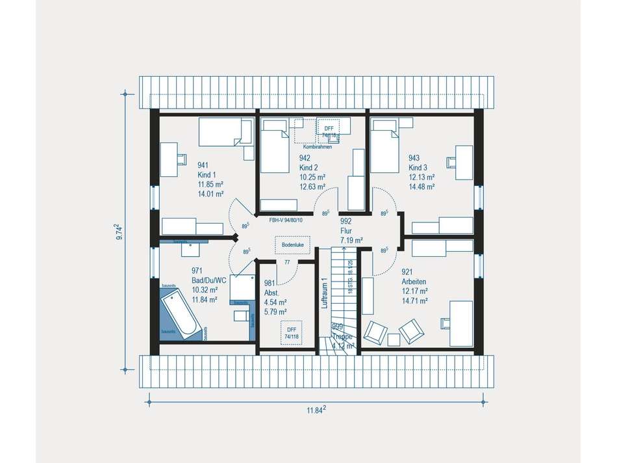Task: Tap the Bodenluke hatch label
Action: coord(288,246)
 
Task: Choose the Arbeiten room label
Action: coord(413,282)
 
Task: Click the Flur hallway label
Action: coord(346,230)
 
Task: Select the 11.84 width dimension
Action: coord(316,410)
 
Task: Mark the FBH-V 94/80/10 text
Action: coord(286,220)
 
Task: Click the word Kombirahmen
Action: coord(318,147)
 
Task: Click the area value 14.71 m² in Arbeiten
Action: coord(414,301)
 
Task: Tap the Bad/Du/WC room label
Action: coord(208,280)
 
